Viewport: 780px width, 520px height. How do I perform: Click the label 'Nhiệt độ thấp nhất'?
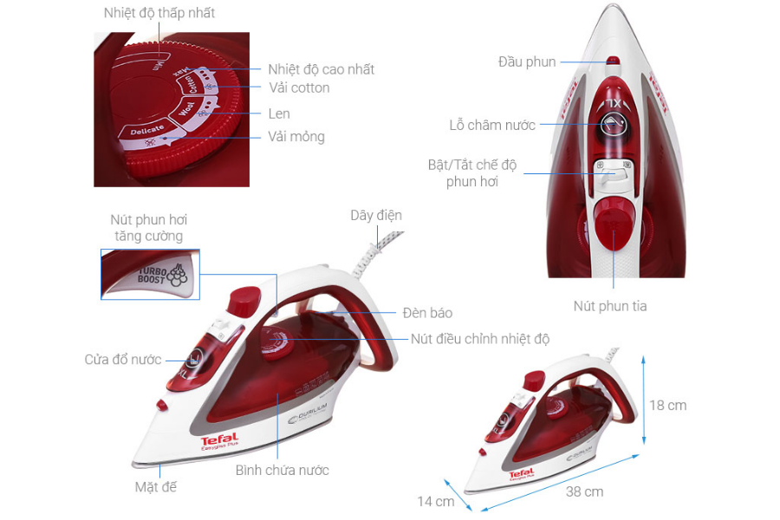(159, 13)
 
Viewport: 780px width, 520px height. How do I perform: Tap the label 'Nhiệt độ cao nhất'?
(321, 69)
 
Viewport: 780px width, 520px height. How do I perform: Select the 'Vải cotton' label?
(298, 88)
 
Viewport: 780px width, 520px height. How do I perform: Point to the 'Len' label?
(279, 114)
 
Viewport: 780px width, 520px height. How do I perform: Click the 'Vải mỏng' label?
(296, 137)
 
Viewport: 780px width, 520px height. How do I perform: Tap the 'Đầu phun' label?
(527, 62)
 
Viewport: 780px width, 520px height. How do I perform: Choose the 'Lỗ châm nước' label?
(493, 125)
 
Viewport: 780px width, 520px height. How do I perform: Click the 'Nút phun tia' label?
(610, 306)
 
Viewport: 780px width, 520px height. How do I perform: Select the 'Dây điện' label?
(376, 215)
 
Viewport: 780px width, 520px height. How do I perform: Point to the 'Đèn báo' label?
(427, 313)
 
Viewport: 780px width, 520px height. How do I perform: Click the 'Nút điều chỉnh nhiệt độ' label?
(480, 339)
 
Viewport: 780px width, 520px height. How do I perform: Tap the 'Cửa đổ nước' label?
(123, 360)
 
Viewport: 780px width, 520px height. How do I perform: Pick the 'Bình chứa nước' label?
(283, 470)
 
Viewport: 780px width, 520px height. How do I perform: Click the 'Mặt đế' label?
(156, 487)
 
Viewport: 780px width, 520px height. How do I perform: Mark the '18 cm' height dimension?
(668, 406)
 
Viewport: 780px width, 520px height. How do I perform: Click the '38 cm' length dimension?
(584, 491)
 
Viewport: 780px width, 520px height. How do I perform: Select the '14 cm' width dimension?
(435, 501)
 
